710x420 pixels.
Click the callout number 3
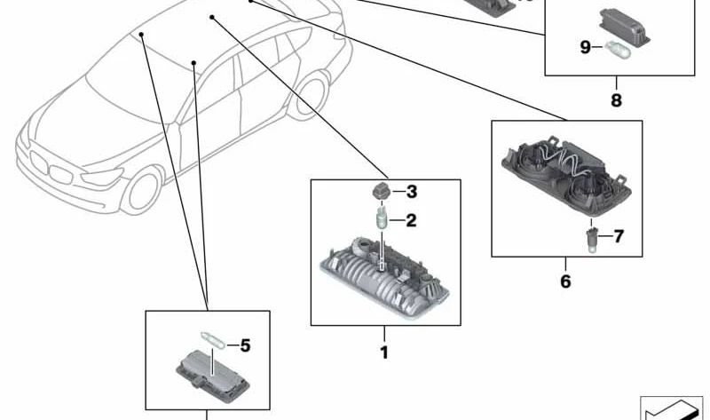click(412, 192)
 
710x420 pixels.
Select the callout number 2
click(411, 220)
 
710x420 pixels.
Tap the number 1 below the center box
click(384, 353)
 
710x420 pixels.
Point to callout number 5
click(245, 345)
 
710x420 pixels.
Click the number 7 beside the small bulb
click(619, 236)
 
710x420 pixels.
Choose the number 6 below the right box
click(565, 281)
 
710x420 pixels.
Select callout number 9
click(586, 47)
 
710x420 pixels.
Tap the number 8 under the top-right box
click(616, 100)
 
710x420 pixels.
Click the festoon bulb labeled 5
click(212, 340)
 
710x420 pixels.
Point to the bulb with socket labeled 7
click(592, 239)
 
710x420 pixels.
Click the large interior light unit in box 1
click(384, 276)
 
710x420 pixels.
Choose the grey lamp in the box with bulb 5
click(212, 375)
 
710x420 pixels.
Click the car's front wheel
click(141, 190)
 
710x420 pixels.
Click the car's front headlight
click(102, 177)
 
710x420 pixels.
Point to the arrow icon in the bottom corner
click(672, 408)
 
